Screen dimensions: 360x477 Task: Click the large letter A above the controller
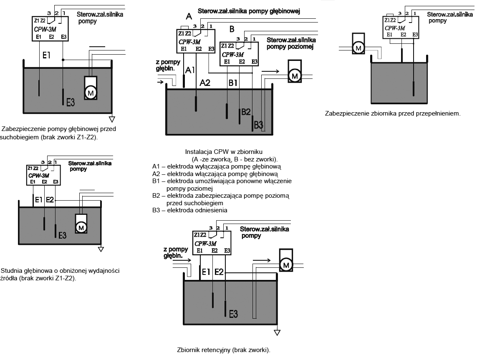pos(189,17)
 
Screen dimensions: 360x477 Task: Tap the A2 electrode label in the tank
pos(205,83)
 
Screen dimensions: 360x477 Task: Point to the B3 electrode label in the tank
pos(259,124)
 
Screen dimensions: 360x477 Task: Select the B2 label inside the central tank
pos(246,112)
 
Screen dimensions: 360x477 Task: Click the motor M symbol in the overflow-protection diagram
pos(358,48)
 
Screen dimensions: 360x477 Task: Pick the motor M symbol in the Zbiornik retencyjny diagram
pos(286,265)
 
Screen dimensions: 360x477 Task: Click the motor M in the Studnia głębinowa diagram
pos(81,227)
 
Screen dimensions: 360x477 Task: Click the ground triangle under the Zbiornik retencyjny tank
pos(277,332)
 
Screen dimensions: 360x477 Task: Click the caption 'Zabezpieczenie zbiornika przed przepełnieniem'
pos(392,113)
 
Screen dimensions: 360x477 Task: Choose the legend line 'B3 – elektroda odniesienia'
pos(190,210)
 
